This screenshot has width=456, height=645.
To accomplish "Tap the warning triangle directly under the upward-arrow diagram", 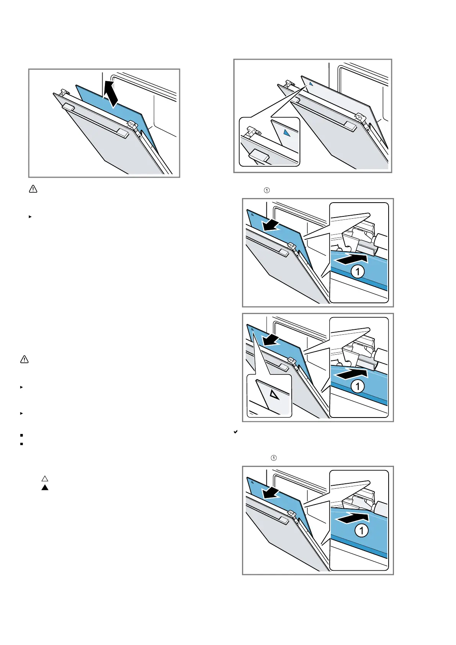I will click(33, 189).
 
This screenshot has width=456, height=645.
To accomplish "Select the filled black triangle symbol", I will click(45, 488).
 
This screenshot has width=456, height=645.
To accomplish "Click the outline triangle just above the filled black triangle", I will click(45, 479).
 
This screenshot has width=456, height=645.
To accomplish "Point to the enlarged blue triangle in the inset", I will click(286, 133).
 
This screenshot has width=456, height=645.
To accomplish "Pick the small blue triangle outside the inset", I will click(311, 83).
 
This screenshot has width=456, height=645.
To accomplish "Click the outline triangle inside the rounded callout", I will click(275, 395).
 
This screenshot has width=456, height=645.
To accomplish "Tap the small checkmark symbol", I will click(236, 432).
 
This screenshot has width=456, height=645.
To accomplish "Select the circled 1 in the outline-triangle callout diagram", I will click(358, 386).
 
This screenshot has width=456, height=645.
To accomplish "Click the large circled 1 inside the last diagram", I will click(361, 530).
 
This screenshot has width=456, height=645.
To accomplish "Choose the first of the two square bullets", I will click(21, 435).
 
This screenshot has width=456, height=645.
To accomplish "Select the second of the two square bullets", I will click(21, 444).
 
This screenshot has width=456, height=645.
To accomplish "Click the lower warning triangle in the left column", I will click(24, 359).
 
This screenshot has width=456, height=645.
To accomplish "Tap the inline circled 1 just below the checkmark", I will click(273, 458).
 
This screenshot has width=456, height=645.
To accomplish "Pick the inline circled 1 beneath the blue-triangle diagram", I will click(267, 190).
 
